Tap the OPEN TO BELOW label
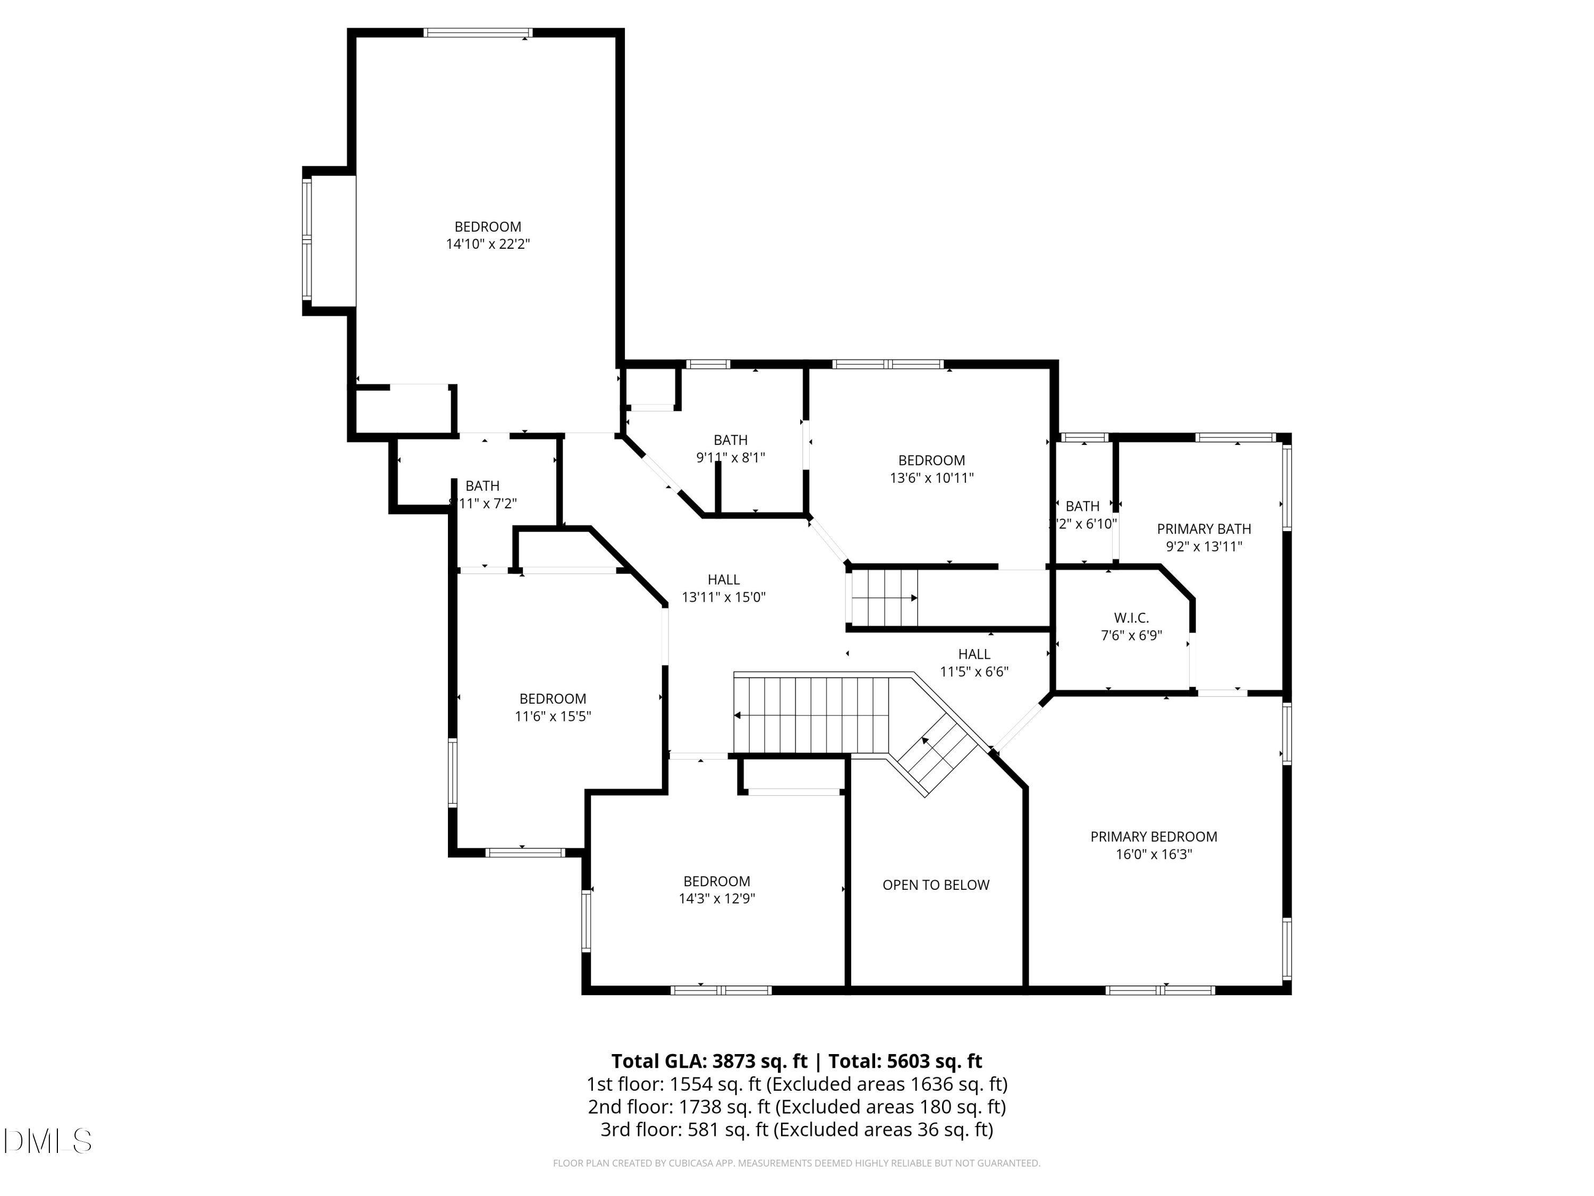[935, 885]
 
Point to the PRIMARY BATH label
[1203, 529]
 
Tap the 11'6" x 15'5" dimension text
[553, 717]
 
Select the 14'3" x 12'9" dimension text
[716, 899]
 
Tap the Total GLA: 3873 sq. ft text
[709, 1061]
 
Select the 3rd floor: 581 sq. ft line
[796, 1130]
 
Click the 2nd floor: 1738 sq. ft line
[796, 1107]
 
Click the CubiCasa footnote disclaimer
[796, 1163]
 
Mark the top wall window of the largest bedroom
[478, 33]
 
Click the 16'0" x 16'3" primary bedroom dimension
[1153, 855]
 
